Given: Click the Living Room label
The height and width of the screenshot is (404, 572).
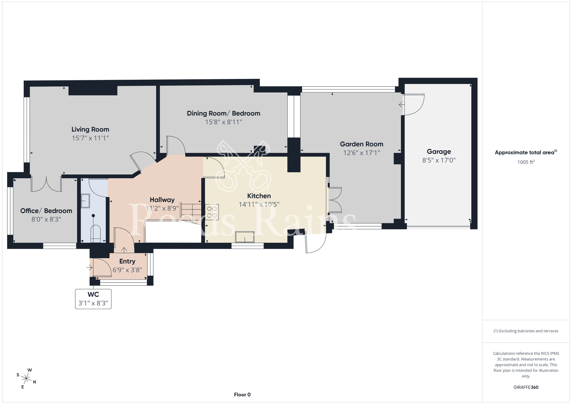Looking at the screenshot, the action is tap(90, 129).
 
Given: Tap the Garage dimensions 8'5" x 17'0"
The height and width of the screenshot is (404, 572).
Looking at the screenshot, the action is tap(439, 160).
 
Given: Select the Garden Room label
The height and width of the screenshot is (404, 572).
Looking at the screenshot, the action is tap(362, 144).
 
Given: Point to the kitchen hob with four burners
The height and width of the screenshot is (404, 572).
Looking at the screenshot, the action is tap(212, 212).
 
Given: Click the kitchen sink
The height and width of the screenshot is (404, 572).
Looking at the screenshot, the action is tap(245, 237).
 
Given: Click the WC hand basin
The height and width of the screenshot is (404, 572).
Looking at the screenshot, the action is tap(86, 201).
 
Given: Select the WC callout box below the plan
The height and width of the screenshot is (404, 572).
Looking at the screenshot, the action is tap(93, 299).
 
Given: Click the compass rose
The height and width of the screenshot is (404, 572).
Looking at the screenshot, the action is tap(26, 379).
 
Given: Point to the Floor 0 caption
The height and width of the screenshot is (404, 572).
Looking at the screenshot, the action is tap(242, 395).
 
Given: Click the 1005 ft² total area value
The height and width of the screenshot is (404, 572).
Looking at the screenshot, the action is tap(526, 162).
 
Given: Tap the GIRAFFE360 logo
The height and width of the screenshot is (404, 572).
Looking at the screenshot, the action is tap(526, 387).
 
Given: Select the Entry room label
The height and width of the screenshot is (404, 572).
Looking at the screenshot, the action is tap(127, 261).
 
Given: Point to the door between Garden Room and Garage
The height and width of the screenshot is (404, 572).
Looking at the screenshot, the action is tap(413, 105).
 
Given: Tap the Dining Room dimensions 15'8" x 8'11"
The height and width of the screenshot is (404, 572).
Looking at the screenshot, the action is tap(224, 122).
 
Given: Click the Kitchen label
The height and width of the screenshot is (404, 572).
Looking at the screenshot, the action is tap(259, 196).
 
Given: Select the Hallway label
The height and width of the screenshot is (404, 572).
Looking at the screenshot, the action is tap(162, 200).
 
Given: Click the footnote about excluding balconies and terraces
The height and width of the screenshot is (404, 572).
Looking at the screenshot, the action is tap(526, 331).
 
